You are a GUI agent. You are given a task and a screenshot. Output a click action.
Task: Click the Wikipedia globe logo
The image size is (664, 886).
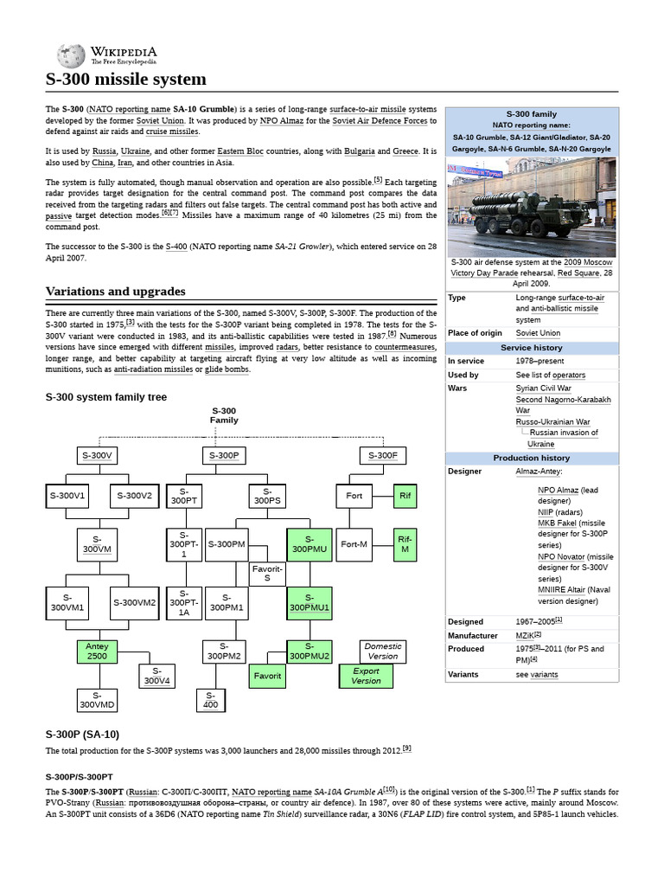click(71, 55)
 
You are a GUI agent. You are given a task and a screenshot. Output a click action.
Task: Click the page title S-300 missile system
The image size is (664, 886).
click(126, 80)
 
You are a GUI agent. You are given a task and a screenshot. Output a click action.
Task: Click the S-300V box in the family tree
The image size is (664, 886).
click(96, 455)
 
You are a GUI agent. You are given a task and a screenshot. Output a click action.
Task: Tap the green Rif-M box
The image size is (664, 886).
click(405, 544)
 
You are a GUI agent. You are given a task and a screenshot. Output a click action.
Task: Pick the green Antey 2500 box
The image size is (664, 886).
click(96, 652)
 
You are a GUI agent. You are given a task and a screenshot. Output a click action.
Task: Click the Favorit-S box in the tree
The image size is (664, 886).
click(267, 573)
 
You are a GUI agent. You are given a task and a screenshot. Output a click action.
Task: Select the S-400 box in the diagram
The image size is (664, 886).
click(210, 700)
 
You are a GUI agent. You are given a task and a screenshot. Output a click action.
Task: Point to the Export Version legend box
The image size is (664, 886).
click(366, 676)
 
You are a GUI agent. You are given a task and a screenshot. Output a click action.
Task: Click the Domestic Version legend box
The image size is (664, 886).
click(382, 651)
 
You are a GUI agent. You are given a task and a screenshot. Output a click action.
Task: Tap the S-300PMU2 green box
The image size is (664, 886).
click(310, 651)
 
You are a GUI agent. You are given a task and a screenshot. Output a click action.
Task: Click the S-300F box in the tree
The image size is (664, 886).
click(383, 455)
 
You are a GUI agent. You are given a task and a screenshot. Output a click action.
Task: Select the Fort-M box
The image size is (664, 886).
click(354, 544)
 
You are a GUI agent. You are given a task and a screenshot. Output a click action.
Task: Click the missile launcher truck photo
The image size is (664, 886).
click(531, 205)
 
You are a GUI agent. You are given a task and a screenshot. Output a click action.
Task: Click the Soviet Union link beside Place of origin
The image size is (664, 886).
click(538, 333)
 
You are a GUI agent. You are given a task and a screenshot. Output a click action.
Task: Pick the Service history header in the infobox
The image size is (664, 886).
click(531, 348)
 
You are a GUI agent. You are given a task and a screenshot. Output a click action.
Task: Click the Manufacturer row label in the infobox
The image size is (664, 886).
click(473, 635)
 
